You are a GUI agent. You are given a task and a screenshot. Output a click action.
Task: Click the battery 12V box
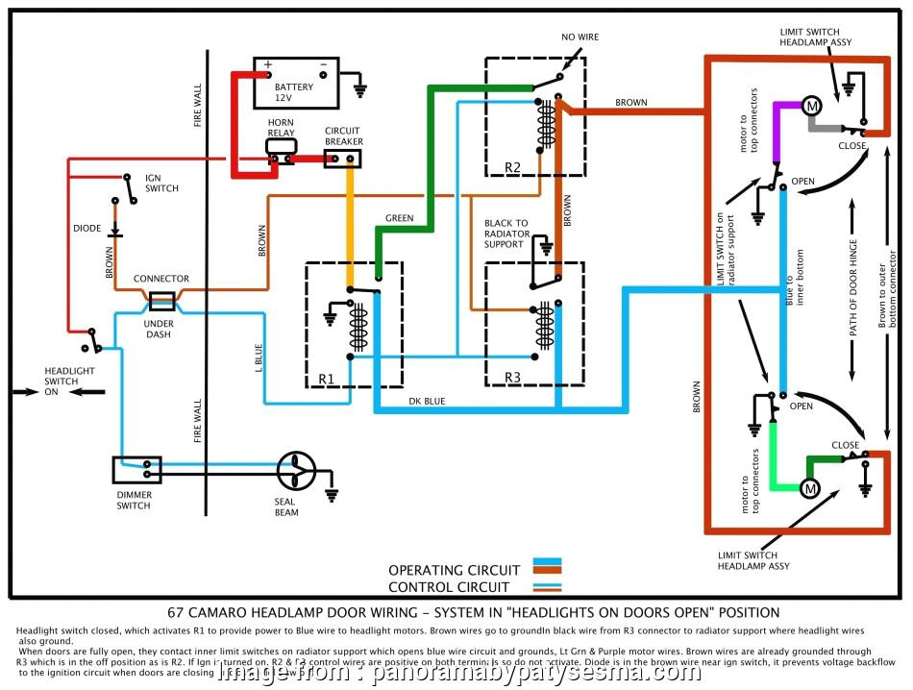[296, 84]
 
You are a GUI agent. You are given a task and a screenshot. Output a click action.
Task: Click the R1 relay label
[326, 379]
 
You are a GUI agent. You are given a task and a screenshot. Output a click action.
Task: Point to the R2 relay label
[512, 167]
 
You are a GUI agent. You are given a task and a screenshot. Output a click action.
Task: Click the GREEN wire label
[399, 218]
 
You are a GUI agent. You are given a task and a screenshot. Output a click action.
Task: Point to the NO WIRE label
[580, 37]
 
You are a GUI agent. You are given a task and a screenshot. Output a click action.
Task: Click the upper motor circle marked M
[810, 104]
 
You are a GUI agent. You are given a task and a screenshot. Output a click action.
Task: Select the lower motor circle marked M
[808, 488]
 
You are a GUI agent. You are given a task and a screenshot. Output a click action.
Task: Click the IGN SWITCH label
[161, 183]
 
